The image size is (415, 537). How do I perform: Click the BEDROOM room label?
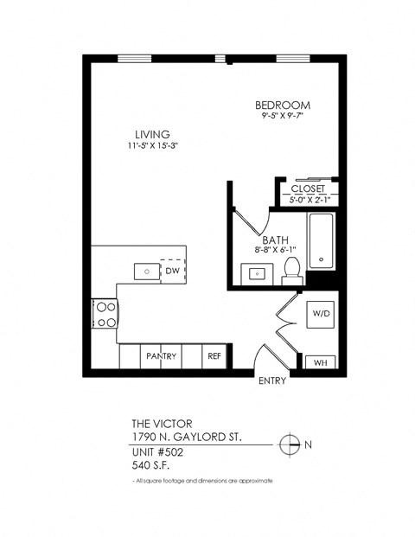(x=284, y=105)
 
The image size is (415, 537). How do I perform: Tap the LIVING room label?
(x=151, y=134)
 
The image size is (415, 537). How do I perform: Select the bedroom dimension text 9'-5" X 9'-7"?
(x=284, y=116)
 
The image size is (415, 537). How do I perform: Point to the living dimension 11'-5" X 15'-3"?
(x=152, y=145)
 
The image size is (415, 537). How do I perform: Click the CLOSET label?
(x=307, y=189)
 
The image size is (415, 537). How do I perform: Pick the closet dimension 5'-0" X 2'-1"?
(x=307, y=200)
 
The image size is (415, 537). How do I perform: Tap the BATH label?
(x=276, y=241)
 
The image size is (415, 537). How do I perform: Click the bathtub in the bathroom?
(x=322, y=241)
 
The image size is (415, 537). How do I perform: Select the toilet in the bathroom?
(x=291, y=269)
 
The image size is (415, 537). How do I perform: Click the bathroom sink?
(x=258, y=273)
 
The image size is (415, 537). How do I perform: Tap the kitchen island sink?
(x=148, y=271)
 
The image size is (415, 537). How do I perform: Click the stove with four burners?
(x=105, y=313)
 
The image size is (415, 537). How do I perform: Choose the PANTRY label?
(x=162, y=355)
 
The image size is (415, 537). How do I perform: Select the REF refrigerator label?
(x=214, y=355)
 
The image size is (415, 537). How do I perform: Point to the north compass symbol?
(x=290, y=444)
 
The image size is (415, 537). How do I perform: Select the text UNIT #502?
(x=157, y=451)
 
